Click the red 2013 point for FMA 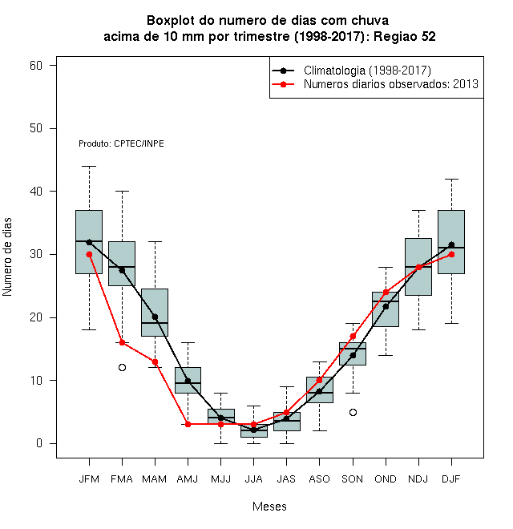[x=122, y=342]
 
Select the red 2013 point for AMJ [x=188, y=425]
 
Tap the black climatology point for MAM [x=155, y=317]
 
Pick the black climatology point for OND [x=386, y=306]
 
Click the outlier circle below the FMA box [x=122, y=367]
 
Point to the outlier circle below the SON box [x=353, y=412]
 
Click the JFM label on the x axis [x=89, y=479]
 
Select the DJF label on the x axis [x=451, y=479]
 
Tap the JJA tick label [x=253, y=479]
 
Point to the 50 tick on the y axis [x=36, y=128]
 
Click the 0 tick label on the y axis [x=39, y=443]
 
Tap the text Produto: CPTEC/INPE [x=121, y=143]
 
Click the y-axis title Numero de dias [x=7, y=257]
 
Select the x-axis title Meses [x=269, y=507]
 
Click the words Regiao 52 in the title [x=404, y=36]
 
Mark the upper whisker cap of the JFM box [x=89, y=167]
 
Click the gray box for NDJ [x=418, y=267]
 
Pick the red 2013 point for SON [x=353, y=336]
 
